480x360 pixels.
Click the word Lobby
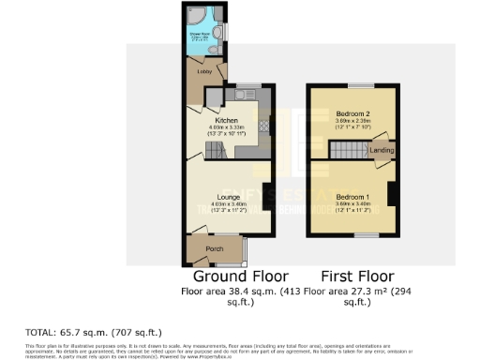(202, 71)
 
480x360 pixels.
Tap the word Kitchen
(226, 121)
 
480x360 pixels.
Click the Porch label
(214, 249)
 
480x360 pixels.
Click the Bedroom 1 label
(352, 198)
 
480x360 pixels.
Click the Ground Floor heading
(240, 277)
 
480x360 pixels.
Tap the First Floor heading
(356, 277)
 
